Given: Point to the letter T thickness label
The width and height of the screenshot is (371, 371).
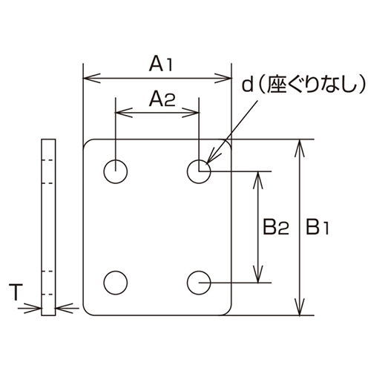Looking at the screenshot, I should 16,293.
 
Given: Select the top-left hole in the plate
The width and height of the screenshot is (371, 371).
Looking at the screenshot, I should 115,171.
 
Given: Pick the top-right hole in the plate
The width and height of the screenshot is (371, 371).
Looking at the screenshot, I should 198,171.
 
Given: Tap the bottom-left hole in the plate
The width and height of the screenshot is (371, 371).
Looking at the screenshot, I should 115,282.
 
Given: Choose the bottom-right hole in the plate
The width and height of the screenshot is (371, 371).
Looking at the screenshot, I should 198,282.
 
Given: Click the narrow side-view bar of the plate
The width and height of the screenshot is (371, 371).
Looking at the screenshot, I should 48,227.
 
